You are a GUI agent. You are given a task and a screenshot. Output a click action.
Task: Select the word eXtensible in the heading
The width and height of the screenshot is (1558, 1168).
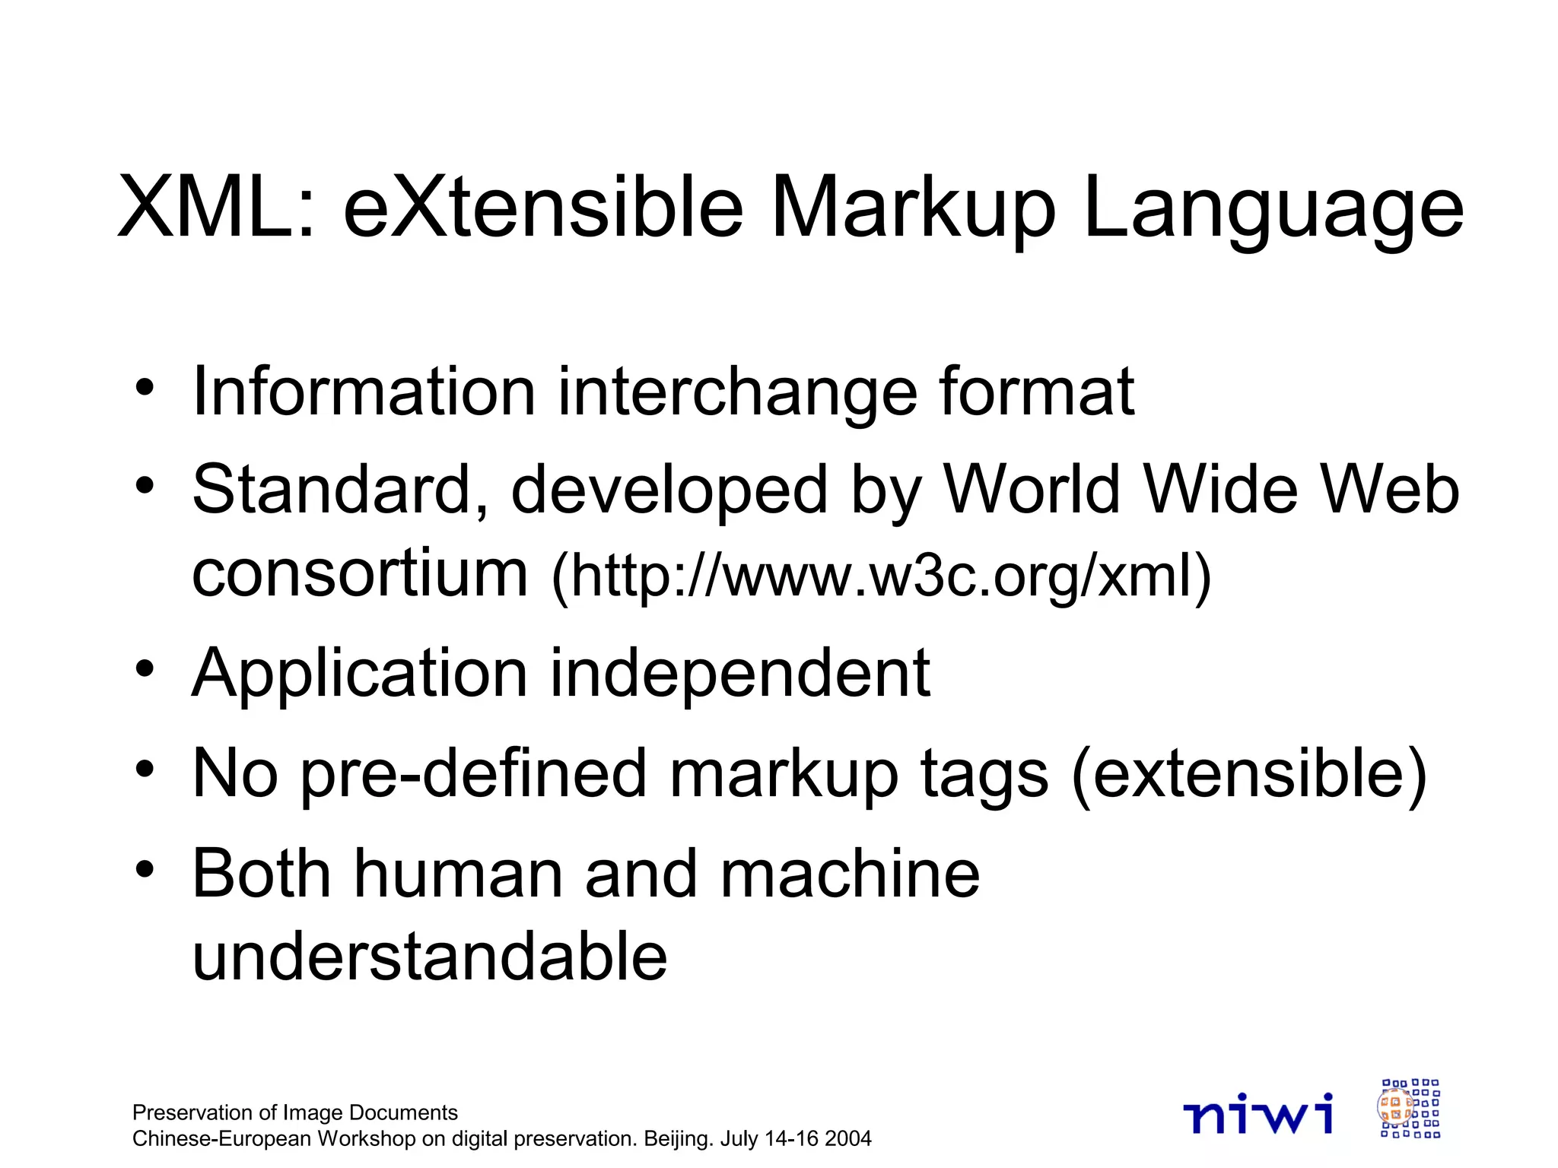(542, 207)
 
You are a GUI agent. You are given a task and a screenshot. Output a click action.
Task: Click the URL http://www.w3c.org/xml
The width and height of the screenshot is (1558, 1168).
(880, 576)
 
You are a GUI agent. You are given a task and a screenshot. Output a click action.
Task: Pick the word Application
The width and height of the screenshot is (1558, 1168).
(360, 674)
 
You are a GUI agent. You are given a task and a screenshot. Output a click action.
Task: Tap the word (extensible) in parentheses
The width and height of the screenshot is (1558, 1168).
(1248, 775)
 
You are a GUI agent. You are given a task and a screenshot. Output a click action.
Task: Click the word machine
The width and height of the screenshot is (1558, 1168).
(850, 874)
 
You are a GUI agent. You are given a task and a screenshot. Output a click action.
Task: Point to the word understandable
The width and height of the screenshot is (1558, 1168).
(430, 956)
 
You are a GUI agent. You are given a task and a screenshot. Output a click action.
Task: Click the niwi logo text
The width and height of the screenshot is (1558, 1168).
(1258, 1113)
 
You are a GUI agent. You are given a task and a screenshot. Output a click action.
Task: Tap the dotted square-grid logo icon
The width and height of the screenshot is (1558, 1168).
(1410, 1108)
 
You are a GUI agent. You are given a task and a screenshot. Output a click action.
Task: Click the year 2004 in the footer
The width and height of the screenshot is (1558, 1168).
(847, 1139)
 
